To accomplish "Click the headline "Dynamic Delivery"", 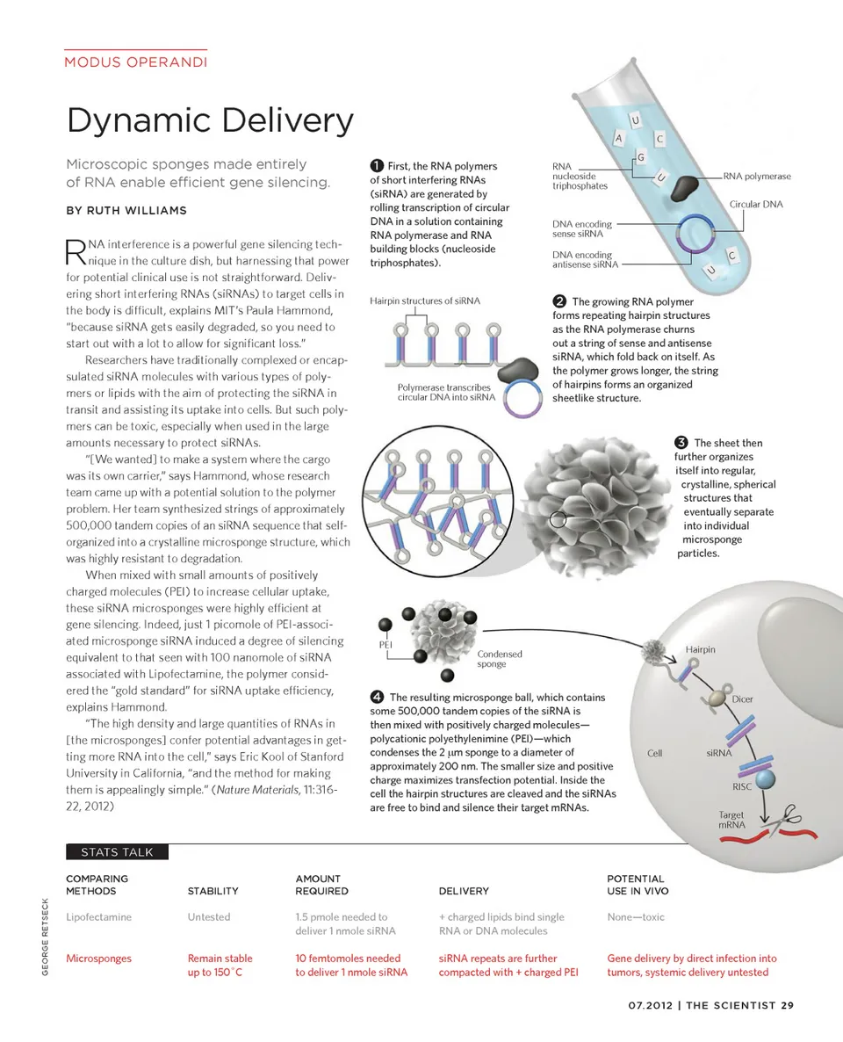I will click(x=210, y=120).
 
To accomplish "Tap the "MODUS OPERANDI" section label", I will click(x=136, y=62).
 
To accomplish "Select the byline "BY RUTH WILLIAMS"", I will click(x=126, y=211).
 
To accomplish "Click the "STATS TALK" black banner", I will click(x=116, y=851).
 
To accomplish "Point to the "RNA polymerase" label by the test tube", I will click(x=757, y=177).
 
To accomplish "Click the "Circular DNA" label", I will click(x=756, y=205).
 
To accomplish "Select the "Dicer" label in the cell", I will click(x=742, y=699).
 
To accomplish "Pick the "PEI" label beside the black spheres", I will click(x=385, y=644).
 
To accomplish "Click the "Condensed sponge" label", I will click(x=499, y=659).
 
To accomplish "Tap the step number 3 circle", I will click(x=681, y=443).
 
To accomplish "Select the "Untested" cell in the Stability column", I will click(x=209, y=917).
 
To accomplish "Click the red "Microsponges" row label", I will click(x=97, y=959).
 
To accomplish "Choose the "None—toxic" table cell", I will click(x=636, y=917).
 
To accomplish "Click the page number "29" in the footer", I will click(x=787, y=1006).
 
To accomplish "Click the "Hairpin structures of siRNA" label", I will click(x=425, y=300).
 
